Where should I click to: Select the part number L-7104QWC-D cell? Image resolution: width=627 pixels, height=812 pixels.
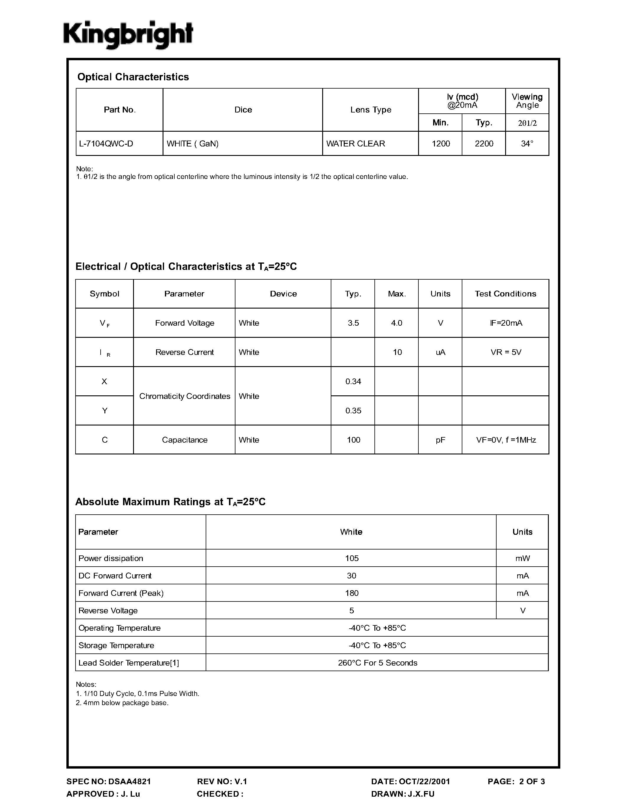tap(106, 144)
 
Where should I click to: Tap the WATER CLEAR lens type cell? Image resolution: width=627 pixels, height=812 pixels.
tap(356, 144)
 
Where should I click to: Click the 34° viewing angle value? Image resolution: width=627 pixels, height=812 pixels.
tap(527, 144)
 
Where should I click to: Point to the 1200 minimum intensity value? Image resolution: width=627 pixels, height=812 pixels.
tap(441, 144)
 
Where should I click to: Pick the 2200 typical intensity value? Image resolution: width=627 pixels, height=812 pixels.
tap(484, 144)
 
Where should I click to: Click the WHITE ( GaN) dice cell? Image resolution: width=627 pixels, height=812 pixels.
tap(192, 144)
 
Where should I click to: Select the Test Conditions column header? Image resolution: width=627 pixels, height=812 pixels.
tap(505, 294)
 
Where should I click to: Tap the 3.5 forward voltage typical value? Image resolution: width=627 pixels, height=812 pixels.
tap(353, 323)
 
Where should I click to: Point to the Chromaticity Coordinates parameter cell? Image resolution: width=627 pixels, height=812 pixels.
tap(185, 396)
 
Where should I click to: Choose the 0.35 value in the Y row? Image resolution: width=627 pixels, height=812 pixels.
tap(353, 411)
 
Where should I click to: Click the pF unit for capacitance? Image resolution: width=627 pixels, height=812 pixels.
tap(440, 440)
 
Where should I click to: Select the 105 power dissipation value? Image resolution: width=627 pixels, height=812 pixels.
tap(351, 558)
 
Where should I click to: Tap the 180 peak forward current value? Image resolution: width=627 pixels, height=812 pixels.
tap(351, 593)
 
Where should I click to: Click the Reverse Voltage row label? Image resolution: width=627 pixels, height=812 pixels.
tap(108, 611)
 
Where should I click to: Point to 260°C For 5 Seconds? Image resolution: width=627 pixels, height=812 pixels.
tap(377, 663)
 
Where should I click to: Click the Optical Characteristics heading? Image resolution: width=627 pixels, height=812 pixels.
tap(133, 77)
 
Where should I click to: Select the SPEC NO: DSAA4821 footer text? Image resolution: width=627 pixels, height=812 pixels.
tap(109, 782)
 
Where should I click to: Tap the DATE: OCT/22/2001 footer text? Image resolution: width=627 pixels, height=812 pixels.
tap(410, 782)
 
